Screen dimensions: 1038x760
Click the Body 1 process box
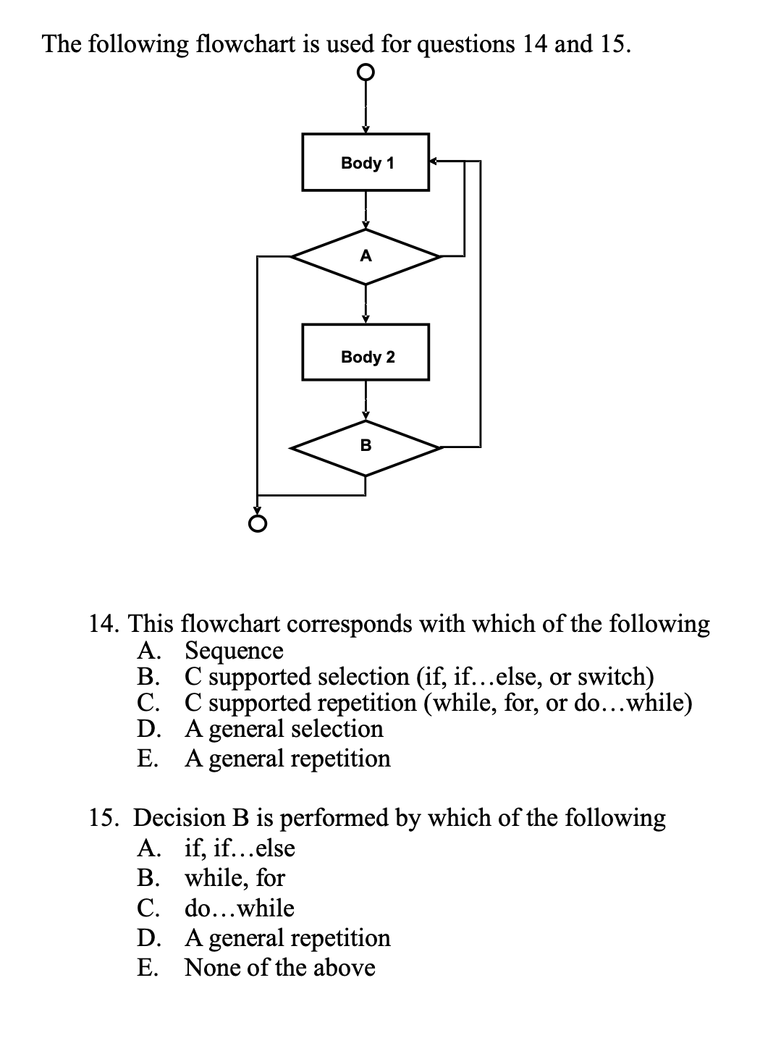pyautogui.click(x=366, y=162)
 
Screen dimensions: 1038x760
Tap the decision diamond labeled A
pyautogui.click(x=366, y=256)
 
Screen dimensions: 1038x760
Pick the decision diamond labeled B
pyautogui.click(x=366, y=447)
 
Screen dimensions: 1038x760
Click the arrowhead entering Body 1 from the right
pyautogui.click(x=434, y=161)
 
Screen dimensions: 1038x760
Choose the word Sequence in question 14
pyautogui.click(x=235, y=650)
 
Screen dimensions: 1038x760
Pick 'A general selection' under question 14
pyautogui.click(x=284, y=728)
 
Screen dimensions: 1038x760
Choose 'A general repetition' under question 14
pyautogui.click(x=287, y=758)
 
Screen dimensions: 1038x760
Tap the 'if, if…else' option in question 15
pyautogui.click(x=240, y=847)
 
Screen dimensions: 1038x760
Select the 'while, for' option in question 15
pyautogui.click(x=235, y=877)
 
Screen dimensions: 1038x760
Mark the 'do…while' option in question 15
pyautogui.click(x=240, y=907)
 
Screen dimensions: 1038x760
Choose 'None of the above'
pyautogui.click(x=279, y=967)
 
